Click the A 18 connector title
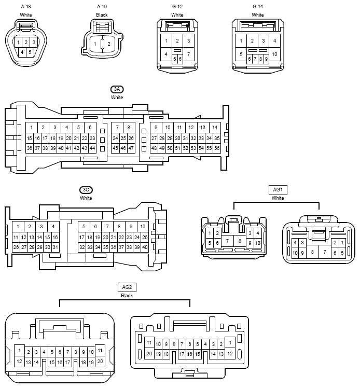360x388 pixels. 26,7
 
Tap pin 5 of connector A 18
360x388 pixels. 30,52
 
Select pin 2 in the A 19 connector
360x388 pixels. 109,44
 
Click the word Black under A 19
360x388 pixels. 102,15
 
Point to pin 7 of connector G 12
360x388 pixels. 188,54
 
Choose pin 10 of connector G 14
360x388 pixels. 274,54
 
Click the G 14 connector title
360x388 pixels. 258,7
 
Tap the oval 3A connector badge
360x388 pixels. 117,89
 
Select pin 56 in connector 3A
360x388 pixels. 217,148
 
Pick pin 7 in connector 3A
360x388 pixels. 117,128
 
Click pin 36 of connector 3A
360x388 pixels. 30,148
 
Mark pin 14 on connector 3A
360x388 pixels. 215,128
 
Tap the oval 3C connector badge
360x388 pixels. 86,190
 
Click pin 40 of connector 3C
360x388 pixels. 145,247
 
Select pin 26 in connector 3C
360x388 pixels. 16,247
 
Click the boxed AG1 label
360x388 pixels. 278,190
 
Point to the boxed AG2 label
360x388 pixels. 127,287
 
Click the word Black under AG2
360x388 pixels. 127,296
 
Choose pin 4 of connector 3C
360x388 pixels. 53,227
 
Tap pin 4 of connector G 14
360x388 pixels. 274,40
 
